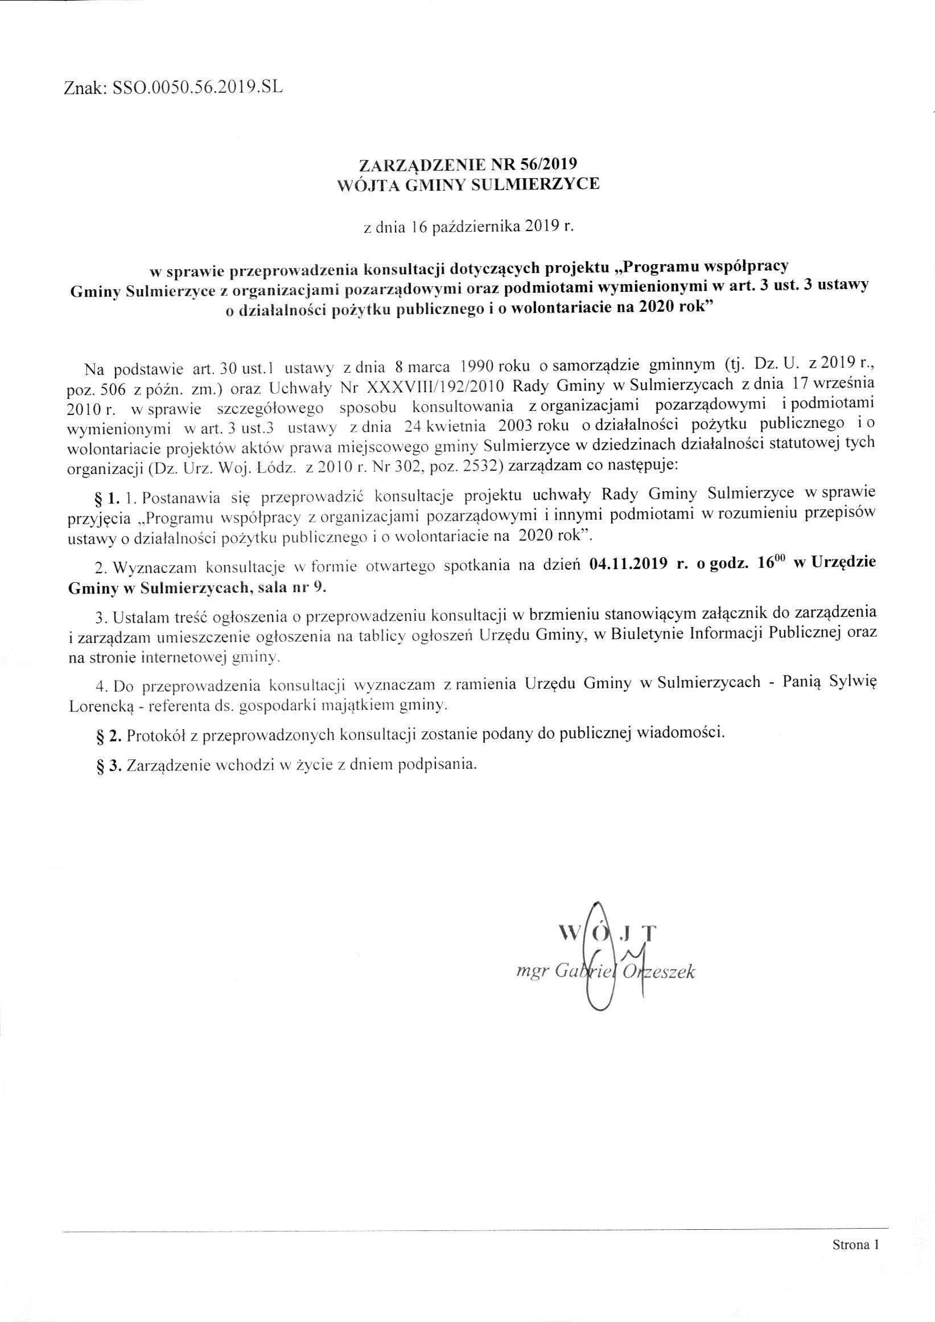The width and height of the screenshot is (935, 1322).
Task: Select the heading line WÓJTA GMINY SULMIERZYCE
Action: (468, 185)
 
